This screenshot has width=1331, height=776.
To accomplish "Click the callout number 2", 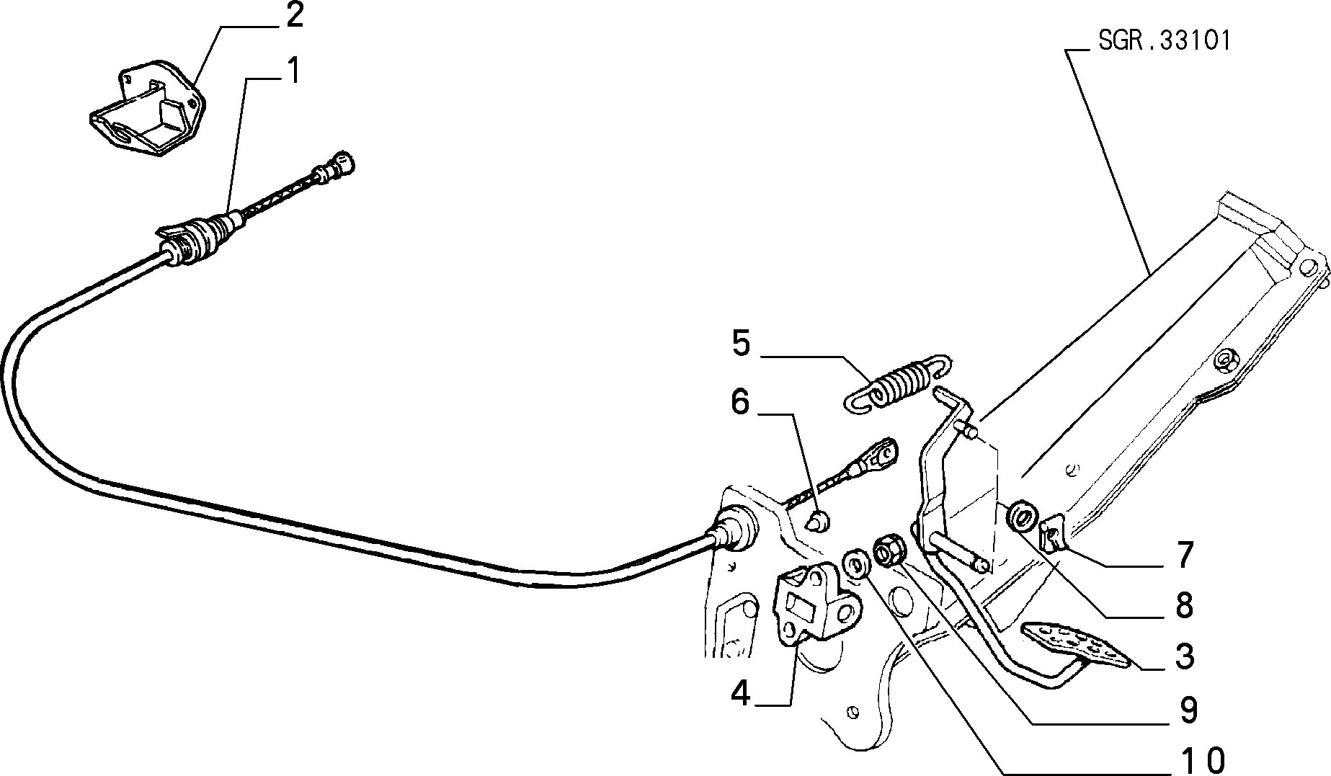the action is [294, 16].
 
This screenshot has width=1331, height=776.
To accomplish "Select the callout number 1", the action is [293, 72].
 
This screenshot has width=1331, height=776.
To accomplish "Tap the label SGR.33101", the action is [1165, 40].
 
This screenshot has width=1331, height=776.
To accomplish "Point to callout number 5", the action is [741, 344].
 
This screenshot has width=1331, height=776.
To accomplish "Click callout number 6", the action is [740, 403].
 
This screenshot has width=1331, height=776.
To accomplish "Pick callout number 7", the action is [1185, 556].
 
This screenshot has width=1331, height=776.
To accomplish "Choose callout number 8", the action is [1185, 606].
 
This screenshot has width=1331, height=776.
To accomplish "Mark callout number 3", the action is [1185, 657].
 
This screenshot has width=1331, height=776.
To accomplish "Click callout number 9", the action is [1188, 710].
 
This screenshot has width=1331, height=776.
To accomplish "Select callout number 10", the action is [1203, 760].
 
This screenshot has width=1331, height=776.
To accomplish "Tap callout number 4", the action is [741, 693].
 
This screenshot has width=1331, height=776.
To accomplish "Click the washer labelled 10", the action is [855, 562].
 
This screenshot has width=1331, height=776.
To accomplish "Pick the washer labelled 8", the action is [1023, 517].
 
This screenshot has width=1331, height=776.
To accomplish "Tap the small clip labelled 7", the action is [1052, 533].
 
